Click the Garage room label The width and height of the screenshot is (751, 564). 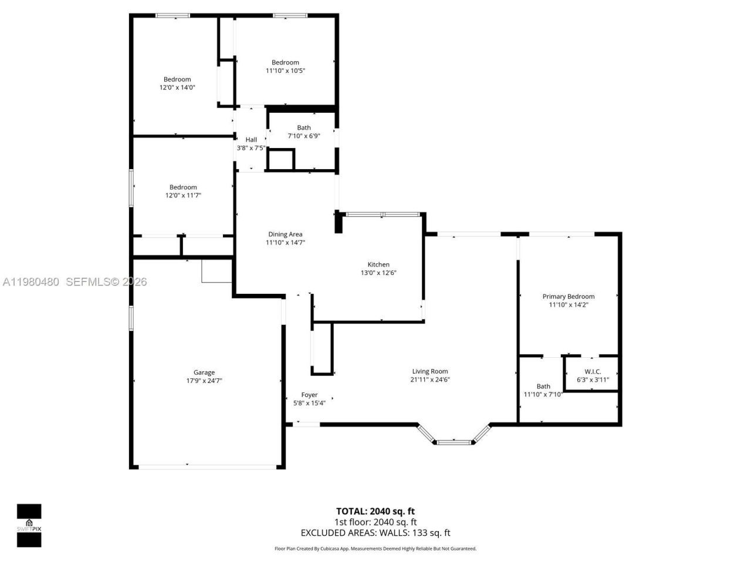coord(204,372)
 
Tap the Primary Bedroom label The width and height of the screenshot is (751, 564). coord(568,297)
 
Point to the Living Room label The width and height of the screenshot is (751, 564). coord(429,371)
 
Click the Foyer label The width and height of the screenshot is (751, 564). coord(309,395)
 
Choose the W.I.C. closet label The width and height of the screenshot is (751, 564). coord(593,371)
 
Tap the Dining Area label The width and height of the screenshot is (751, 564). coord(285,234)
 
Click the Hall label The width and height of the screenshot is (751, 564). coord(251,139)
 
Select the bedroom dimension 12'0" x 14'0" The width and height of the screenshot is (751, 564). coord(177,88)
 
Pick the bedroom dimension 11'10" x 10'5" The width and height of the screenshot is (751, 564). coord(285,70)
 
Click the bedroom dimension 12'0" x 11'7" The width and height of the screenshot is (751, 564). coord(183,196)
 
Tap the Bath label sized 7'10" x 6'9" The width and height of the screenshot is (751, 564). coord(303,127)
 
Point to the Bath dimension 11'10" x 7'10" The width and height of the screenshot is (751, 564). coord(543,394)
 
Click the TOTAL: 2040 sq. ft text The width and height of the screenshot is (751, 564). coord(375,511)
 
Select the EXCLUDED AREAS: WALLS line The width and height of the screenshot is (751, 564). coord(375,533)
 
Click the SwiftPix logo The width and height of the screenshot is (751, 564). coord(29,525)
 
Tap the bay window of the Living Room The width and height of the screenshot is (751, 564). coord(454,441)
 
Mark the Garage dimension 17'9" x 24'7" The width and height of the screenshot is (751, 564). coord(204,381)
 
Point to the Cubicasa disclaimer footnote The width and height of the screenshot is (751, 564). coord(375,549)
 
